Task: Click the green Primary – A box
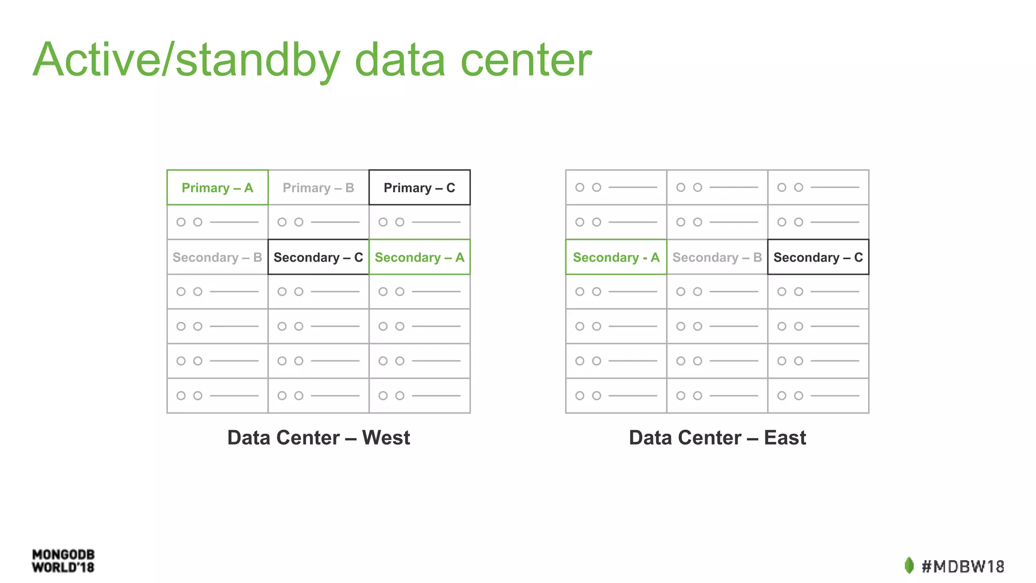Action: click(x=217, y=188)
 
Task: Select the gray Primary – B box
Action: click(x=318, y=188)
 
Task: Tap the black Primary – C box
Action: click(x=419, y=188)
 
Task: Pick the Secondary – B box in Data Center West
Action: click(x=217, y=257)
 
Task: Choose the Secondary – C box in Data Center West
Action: click(x=318, y=257)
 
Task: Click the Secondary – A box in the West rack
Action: click(x=419, y=257)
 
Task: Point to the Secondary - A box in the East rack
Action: click(x=616, y=257)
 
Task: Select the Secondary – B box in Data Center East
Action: click(x=717, y=257)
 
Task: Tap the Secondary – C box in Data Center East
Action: click(x=818, y=257)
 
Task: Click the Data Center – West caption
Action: click(x=318, y=438)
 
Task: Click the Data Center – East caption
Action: click(x=717, y=438)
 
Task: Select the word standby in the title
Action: click(x=258, y=61)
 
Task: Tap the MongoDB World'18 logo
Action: click(x=63, y=561)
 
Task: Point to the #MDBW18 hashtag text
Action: click(x=963, y=566)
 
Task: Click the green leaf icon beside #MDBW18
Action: click(x=909, y=565)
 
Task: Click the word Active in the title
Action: click(x=96, y=61)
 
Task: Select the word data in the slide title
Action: click(x=400, y=61)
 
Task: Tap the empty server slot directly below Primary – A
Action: click(x=217, y=222)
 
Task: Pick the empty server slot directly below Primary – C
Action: click(x=419, y=222)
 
